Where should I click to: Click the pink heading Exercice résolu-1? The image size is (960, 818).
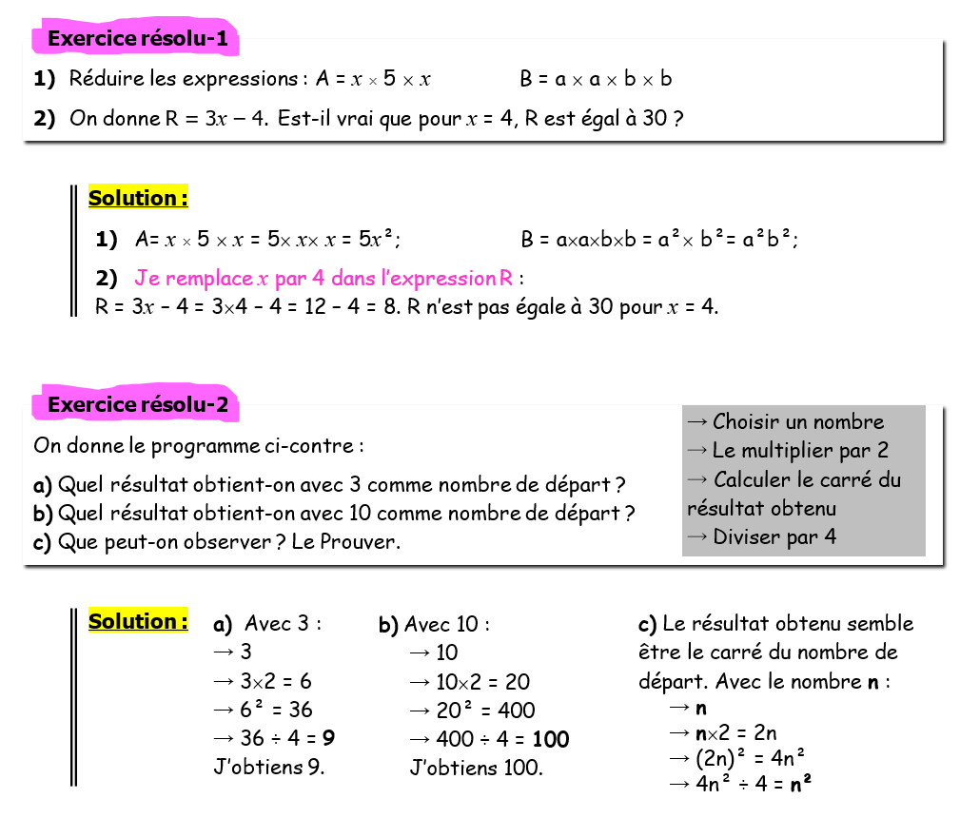(x=137, y=39)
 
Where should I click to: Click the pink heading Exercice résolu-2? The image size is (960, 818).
(x=137, y=405)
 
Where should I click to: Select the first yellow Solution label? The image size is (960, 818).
(x=138, y=199)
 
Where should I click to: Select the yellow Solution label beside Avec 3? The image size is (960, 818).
(x=138, y=622)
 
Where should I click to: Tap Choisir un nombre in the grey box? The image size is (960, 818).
(x=785, y=422)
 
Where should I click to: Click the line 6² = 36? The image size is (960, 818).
(x=264, y=711)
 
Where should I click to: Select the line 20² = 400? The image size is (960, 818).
(x=472, y=711)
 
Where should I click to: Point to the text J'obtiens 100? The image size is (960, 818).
(x=476, y=768)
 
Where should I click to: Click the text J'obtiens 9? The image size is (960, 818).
(x=269, y=768)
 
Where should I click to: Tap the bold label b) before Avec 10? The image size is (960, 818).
(x=388, y=626)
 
